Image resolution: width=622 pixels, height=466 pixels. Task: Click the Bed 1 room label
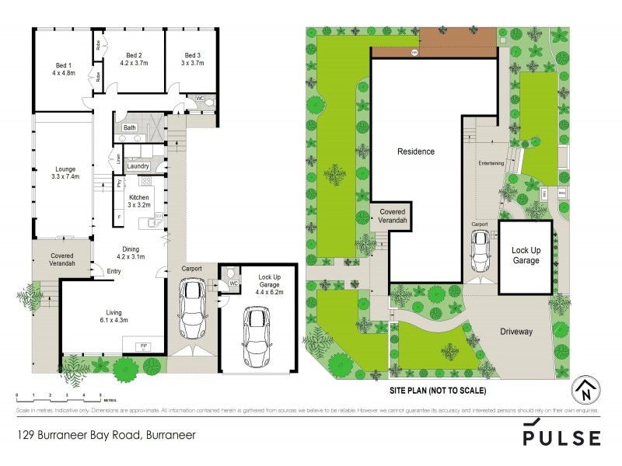[64, 69]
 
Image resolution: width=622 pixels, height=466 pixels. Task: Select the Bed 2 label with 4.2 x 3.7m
[134, 60]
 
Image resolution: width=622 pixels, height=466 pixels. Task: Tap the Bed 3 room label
[192, 60]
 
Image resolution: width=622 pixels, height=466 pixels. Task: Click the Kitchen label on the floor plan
[141, 202]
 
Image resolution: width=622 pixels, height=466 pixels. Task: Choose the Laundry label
[138, 166]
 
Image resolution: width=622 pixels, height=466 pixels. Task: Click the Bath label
[129, 128]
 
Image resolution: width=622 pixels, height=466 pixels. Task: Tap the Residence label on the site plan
[417, 151]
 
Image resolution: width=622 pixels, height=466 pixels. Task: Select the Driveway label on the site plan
[515, 332]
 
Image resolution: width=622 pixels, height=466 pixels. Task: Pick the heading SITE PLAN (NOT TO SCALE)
[438, 390]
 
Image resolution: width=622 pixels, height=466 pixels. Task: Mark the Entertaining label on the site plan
[491, 164]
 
